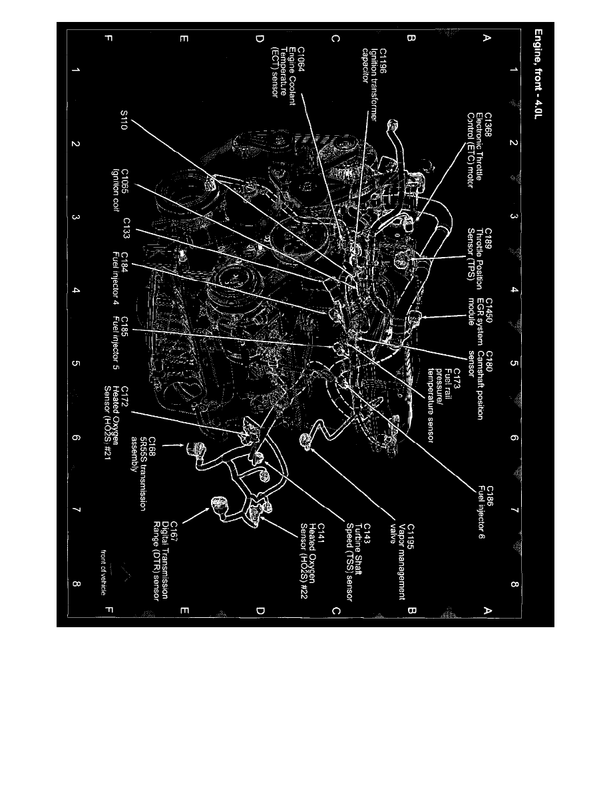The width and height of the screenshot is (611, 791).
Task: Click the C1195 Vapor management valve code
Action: click(411, 535)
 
